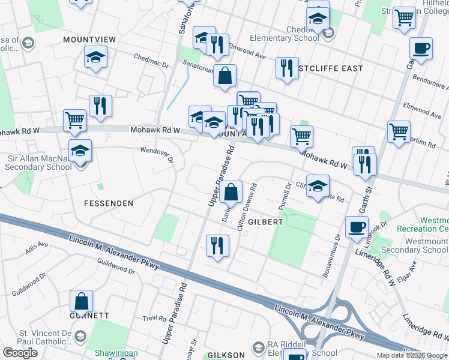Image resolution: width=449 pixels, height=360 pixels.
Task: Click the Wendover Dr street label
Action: [157, 155]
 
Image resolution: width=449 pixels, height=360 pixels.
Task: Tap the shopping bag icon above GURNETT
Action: [81, 301]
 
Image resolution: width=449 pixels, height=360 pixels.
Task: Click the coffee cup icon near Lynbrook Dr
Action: [357, 227]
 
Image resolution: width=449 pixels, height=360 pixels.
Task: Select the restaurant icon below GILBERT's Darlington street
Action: [217, 245]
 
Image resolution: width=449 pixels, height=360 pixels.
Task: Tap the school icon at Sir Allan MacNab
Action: [79, 151]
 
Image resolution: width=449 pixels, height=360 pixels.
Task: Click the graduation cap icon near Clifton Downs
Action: [318, 185]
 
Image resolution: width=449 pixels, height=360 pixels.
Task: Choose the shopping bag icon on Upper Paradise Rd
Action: [231, 192]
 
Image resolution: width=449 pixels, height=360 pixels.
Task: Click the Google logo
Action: [20, 353]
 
